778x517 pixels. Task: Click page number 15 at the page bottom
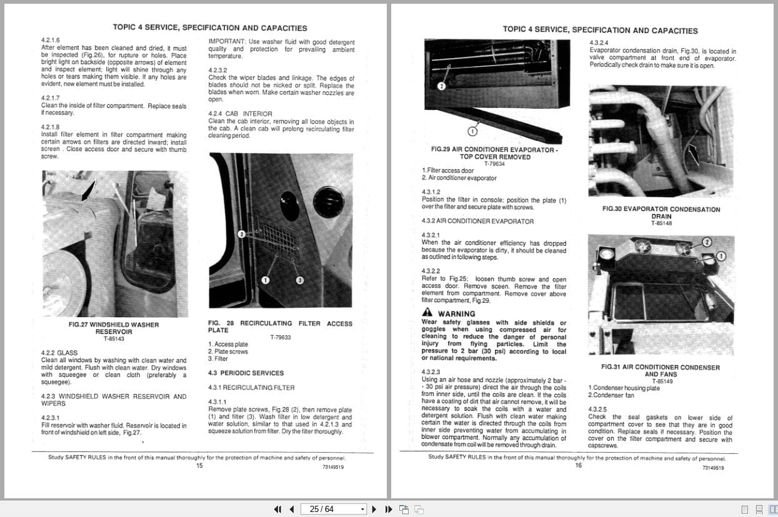199,465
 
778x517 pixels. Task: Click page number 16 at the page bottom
579,465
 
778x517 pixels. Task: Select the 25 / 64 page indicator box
334,509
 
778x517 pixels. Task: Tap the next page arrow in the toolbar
374,509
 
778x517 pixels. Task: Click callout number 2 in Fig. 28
242,234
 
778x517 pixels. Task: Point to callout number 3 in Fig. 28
299,280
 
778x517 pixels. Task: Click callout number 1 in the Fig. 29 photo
472,131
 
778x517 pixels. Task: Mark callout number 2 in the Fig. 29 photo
441,86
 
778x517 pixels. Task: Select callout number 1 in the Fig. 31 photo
721,255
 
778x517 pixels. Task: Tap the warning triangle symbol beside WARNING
427,312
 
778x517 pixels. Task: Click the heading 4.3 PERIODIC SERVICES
246,373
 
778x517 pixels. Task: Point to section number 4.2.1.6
51,40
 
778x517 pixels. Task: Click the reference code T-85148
661,224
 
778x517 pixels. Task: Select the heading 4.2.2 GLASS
59,353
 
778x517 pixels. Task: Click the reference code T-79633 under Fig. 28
281,337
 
